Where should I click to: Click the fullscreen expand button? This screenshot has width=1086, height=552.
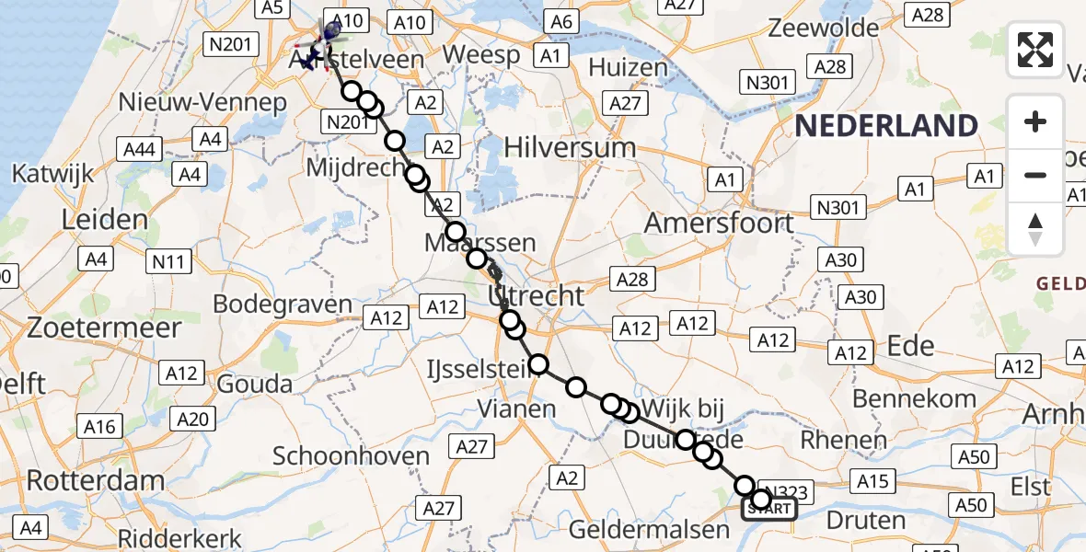[1035, 50]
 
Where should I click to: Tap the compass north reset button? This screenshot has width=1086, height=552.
[1035, 229]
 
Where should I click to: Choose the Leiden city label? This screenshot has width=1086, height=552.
[104, 220]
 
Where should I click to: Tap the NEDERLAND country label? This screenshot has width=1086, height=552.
[886, 125]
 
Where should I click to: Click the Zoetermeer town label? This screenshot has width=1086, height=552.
[91, 328]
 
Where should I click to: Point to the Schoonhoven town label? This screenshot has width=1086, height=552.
[352, 456]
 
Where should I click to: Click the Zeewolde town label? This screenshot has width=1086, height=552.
[824, 28]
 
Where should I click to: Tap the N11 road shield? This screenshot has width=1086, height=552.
[169, 261]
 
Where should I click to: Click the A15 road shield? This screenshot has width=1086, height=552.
[872, 480]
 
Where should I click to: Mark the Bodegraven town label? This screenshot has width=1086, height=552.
[283, 305]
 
